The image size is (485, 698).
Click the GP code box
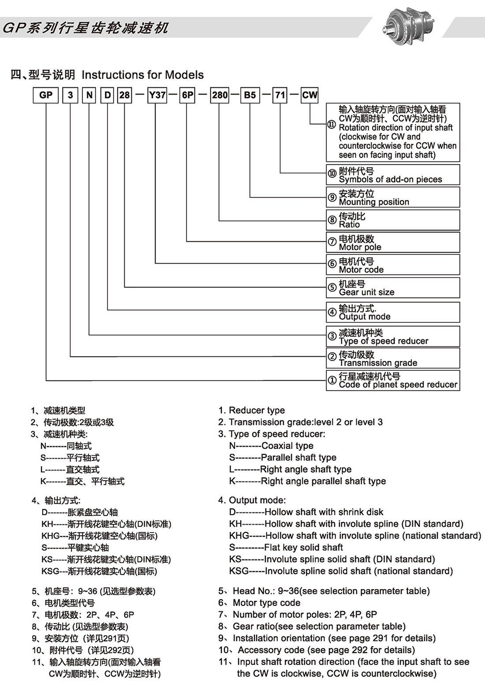click(x=46, y=95)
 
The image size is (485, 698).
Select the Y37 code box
click(x=157, y=95)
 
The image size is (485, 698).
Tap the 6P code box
click(x=188, y=95)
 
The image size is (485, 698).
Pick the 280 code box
click(x=220, y=95)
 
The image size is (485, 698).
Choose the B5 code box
click(x=250, y=95)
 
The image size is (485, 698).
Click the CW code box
click(x=310, y=95)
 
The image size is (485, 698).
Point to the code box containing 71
click(x=280, y=95)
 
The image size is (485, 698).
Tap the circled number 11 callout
click(x=332, y=125)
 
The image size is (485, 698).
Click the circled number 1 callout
click(x=332, y=380)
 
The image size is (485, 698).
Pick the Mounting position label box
click(x=393, y=198)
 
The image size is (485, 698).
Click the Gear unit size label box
click(x=393, y=288)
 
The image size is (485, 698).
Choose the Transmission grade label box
click(x=393, y=358)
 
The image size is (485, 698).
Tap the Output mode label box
click(x=393, y=312)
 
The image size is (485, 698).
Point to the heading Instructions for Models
click(x=142, y=75)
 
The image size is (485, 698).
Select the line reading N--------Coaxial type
click(x=271, y=446)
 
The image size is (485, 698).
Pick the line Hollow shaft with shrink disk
click(x=306, y=512)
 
